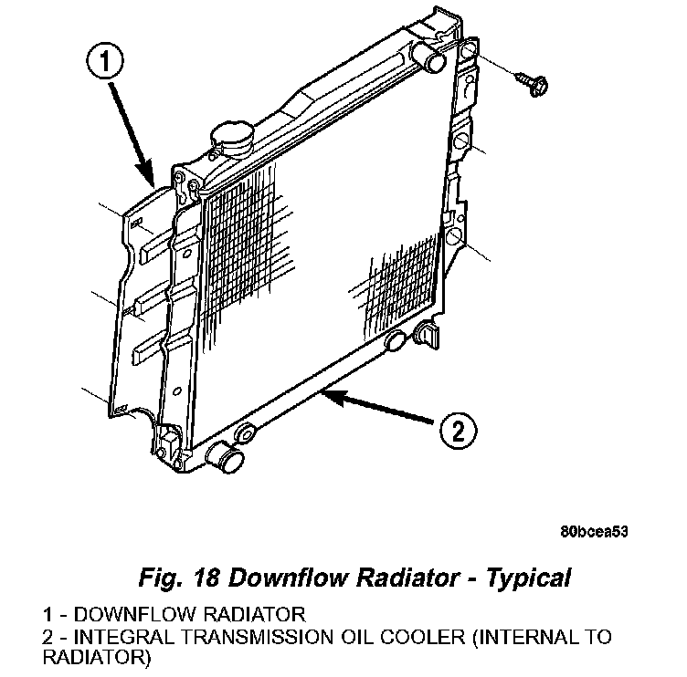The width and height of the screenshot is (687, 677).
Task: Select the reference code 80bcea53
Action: pyautogui.click(x=594, y=529)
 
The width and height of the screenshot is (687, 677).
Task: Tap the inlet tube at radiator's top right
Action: pyautogui.click(x=435, y=56)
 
